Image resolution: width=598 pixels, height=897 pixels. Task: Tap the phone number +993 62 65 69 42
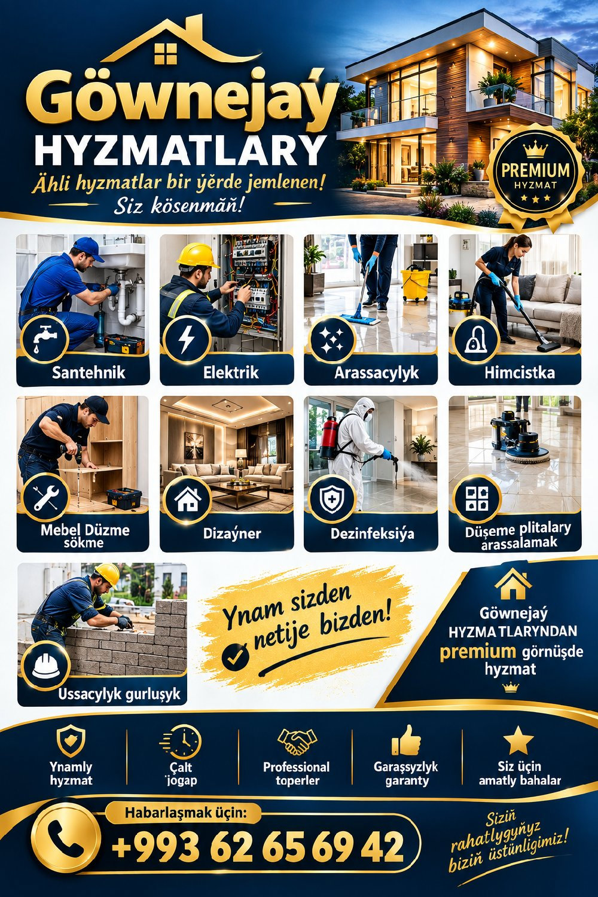[258, 846]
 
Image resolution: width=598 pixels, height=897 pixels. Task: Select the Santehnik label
[89, 373]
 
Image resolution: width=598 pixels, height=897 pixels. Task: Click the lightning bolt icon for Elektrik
[186, 340]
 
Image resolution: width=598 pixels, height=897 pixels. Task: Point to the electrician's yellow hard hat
[197, 255]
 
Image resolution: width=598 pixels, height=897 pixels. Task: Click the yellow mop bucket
[416, 283]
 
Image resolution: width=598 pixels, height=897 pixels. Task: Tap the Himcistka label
[520, 373]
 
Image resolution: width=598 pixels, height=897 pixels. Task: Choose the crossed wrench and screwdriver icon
[45, 498]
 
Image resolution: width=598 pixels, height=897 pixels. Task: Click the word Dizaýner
[232, 533]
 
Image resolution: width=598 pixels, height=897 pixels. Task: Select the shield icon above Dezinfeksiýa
[332, 499]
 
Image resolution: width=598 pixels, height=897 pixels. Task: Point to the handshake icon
[297, 742]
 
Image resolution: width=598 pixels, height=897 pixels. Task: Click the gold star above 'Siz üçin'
[518, 740]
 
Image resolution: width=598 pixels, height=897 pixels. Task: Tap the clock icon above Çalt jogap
[181, 742]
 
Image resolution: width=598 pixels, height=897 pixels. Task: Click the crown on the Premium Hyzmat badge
[536, 149]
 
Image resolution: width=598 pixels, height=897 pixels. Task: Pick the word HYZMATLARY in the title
[179, 151]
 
